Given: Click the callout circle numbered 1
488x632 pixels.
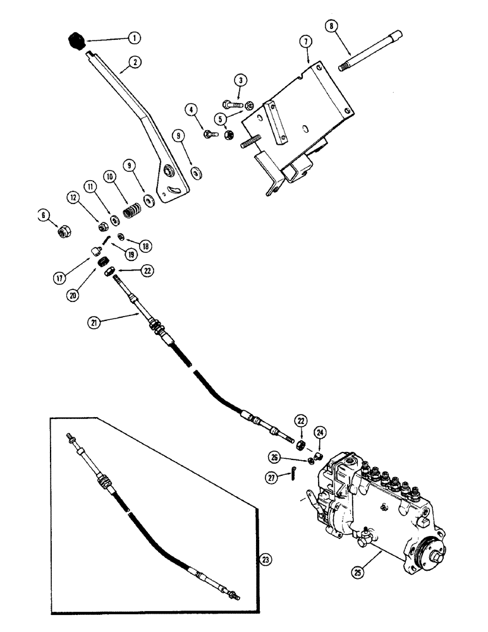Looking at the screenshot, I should (x=133, y=38).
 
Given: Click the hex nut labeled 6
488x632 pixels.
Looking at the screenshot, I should (x=63, y=233).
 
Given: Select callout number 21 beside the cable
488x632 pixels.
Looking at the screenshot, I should (x=95, y=323).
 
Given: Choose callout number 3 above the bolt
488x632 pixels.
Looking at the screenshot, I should (x=241, y=80).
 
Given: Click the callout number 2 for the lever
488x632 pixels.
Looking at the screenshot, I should (x=134, y=62).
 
